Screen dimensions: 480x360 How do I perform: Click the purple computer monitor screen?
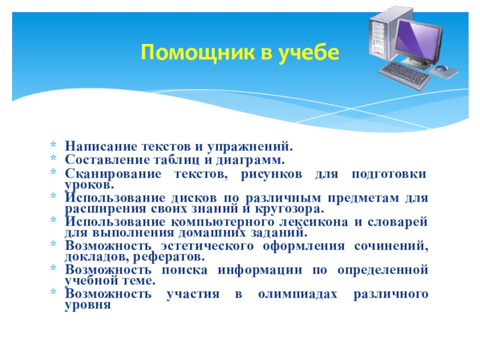pyautogui.click(x=418, y=38)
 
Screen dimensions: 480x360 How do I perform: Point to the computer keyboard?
pyautogui.click(x=404, y=75)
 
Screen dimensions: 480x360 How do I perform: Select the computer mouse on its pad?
pyautogui.click(x=442, y=68)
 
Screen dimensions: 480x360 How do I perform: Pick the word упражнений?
pyautogui.click(x=250, y=147)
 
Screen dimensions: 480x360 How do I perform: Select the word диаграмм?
pyautogui.click(x=250, y=160)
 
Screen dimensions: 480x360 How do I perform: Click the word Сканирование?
pyautogui.click(x=113, y=174)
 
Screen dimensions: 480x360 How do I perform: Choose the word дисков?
pyautogui.click(x=194, y=198)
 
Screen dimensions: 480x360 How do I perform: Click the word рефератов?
pyautogui.click(x=169, y=257)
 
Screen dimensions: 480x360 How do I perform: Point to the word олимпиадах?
pyautogui.click(x=298, y=295)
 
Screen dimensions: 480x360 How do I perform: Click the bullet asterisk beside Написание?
pyautogui.click(x=53, y=145)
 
